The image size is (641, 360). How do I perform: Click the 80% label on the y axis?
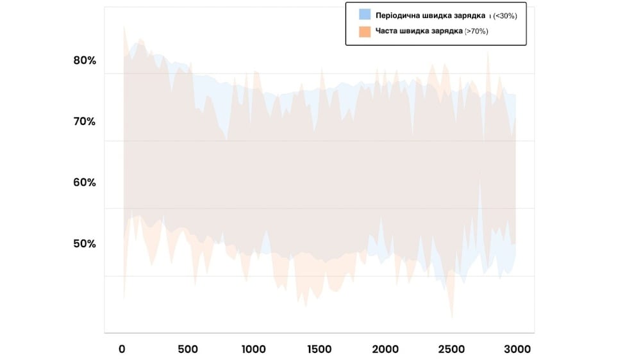coord(85,61)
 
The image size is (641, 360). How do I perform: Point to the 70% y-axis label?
coord(85,121)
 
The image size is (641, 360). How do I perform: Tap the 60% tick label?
coord(85,182)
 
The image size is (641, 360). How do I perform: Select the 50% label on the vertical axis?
coord(85,243)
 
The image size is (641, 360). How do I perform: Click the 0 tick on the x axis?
coord(122,349)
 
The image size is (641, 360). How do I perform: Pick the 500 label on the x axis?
coord(187,349)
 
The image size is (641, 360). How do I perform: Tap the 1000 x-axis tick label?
coord(253,349)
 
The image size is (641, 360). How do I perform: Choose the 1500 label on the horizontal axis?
coord(319,349)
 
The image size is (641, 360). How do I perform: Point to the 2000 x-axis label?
coord(385,349)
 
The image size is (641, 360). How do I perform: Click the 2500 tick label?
coord(451,349)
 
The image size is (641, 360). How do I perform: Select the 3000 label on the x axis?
coord(517,349)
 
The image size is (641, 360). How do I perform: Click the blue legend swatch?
coord(365,15)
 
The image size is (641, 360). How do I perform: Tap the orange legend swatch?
coord(365,31)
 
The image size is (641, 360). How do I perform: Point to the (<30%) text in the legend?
coord(504,16)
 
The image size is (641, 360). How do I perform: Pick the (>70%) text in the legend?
coord(476,31)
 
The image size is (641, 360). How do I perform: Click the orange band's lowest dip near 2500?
coord(452,317)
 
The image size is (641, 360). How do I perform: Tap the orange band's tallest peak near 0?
coord(124,26)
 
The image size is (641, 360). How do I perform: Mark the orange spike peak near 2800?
coord(488,52)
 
